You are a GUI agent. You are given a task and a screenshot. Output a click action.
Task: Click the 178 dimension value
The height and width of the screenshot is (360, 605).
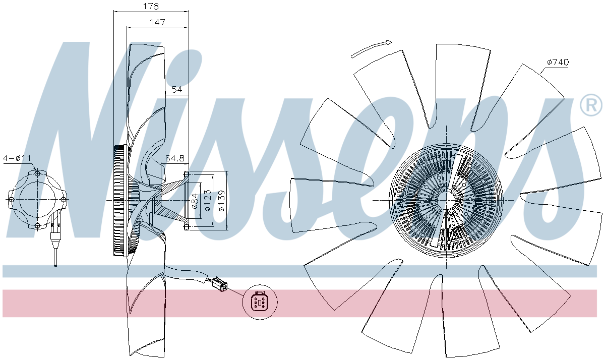point(151,6)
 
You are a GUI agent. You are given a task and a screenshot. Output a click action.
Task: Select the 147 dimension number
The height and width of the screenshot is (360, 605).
point(157,22)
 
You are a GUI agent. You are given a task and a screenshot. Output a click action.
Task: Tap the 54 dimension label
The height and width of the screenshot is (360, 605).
point(177,89)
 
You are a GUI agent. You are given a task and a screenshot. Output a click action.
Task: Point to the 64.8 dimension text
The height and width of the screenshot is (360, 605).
point(175,158)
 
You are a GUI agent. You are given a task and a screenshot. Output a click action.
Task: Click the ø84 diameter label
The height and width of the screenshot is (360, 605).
point(195,201)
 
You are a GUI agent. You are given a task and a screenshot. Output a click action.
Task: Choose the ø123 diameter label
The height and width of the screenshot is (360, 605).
point(207,200)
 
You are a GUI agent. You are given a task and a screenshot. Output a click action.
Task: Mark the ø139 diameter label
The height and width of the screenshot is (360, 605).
point(221,201)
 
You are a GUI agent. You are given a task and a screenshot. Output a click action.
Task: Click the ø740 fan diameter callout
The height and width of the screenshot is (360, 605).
point(558,62)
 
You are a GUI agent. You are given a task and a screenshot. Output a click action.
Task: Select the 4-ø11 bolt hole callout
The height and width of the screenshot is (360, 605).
point(17,158)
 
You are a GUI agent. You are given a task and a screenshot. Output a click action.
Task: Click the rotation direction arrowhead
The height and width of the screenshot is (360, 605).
point(388,42)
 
